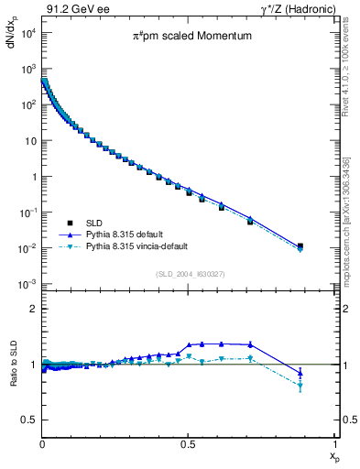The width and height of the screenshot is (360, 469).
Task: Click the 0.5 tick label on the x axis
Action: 189,443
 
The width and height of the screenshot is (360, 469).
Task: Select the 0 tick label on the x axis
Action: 42,443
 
